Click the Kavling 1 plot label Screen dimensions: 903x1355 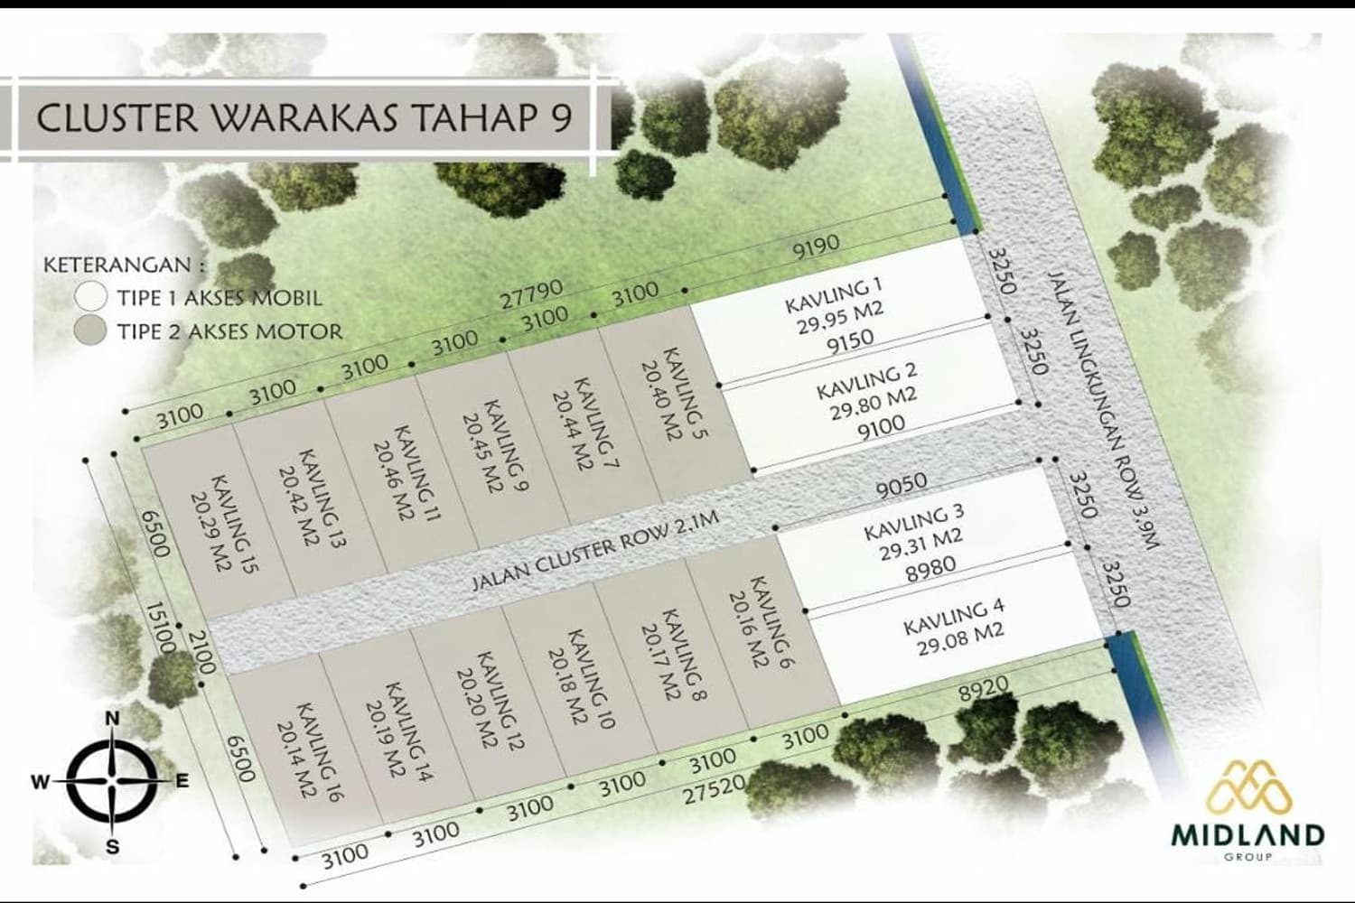[833, 296]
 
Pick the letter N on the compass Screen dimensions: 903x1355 [113, 719]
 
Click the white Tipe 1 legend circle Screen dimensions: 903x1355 [91, 296]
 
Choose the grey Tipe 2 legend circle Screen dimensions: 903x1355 [91, 330]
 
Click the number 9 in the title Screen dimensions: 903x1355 [561, 117]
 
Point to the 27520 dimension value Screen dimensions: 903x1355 [714, 792]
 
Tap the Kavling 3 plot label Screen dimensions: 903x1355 [913, 520]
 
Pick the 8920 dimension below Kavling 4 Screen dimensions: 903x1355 [983, 691]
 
